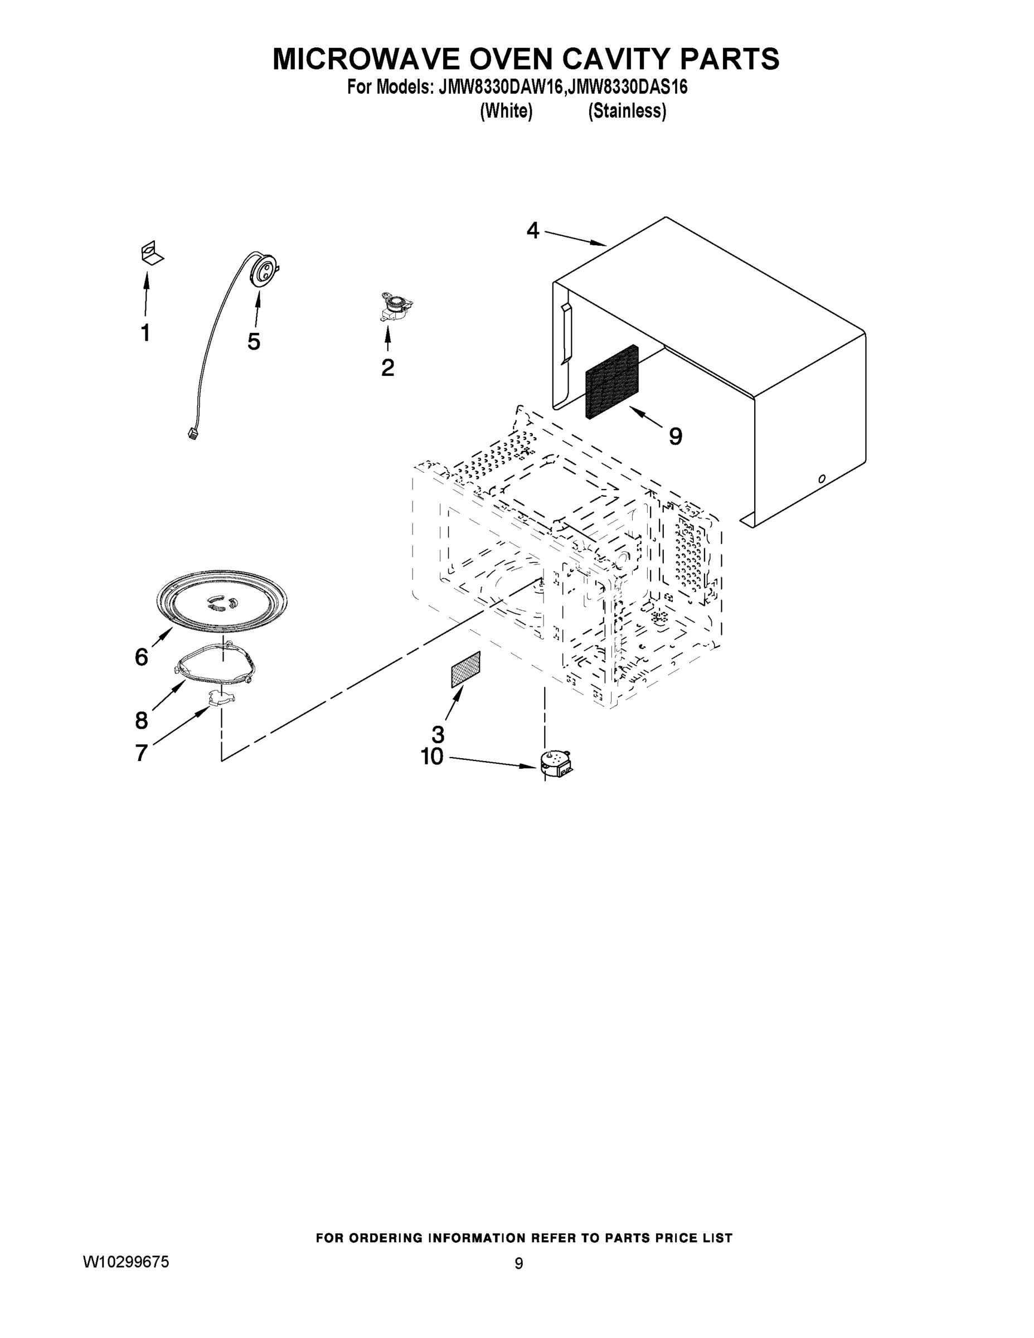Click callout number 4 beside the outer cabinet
click(x=532, y=231)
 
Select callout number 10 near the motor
click(x=432, y=757)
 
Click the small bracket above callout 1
click(x=151, y=253)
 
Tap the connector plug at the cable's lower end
click(x=192, y=434)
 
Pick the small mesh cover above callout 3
click(x=465, y=670)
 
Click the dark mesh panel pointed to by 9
click(x=612, y=382)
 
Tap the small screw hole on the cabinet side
click(x=822, y=478)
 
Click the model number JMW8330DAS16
click(x=627, y=88)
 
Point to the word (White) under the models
click(x=506, y=111)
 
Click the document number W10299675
click(x=125, y=1263)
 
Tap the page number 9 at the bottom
click(x=518, y=1264)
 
